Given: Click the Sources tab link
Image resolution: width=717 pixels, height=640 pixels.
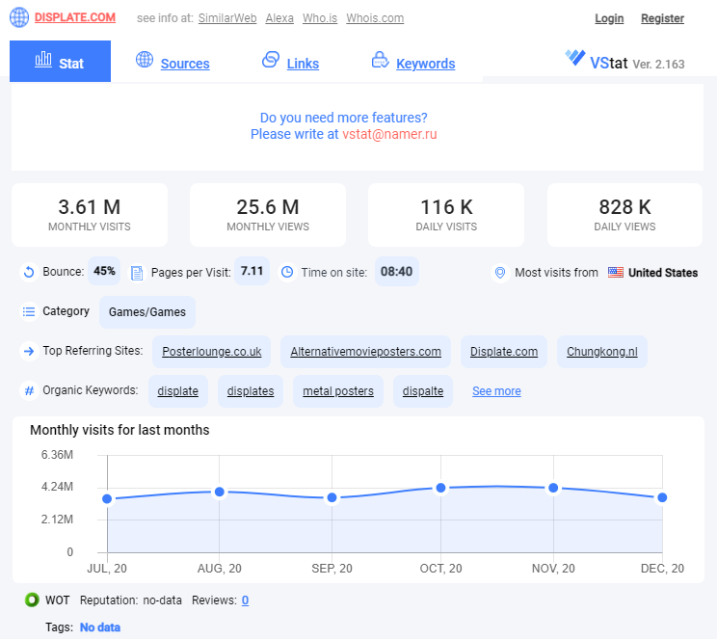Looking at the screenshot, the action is coord(185,64).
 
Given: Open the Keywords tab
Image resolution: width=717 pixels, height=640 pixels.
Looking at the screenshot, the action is coord(425,64).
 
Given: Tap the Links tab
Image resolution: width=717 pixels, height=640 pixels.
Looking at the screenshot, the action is coord(303,64).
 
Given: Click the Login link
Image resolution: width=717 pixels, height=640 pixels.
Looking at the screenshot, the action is coord(609,18).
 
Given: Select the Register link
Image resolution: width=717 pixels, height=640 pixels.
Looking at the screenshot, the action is coord(662,18).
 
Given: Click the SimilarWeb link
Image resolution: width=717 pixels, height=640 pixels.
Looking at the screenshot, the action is coord(227,18).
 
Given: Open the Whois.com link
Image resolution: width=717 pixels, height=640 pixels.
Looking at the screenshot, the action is coord(375,18).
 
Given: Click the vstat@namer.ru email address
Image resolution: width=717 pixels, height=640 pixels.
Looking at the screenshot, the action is coord(389,134).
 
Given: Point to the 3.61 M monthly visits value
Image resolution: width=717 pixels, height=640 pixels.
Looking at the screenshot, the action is coord(90,207).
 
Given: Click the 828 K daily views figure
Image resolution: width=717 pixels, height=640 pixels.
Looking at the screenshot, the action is coord(624,207).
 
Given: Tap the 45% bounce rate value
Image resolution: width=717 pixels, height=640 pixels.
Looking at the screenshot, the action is coord(104,271).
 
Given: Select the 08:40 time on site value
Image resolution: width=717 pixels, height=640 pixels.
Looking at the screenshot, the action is coord(396,272).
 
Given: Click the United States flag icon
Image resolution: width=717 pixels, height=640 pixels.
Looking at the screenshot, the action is coord(616,272).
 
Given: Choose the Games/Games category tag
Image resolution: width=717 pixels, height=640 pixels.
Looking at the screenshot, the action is coord(147,312).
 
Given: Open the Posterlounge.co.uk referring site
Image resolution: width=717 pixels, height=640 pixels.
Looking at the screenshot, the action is coord(212,352).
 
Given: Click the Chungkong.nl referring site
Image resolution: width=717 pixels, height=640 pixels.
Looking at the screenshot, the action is coord(602,352).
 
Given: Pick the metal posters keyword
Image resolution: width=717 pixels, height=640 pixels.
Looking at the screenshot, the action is coord(338,391).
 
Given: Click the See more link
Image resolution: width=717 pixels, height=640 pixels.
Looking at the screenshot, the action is coord(496,391).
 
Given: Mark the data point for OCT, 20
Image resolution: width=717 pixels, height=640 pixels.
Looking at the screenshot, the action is coord(440,488).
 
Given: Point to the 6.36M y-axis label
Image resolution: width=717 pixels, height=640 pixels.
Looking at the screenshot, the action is coord(57,455).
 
